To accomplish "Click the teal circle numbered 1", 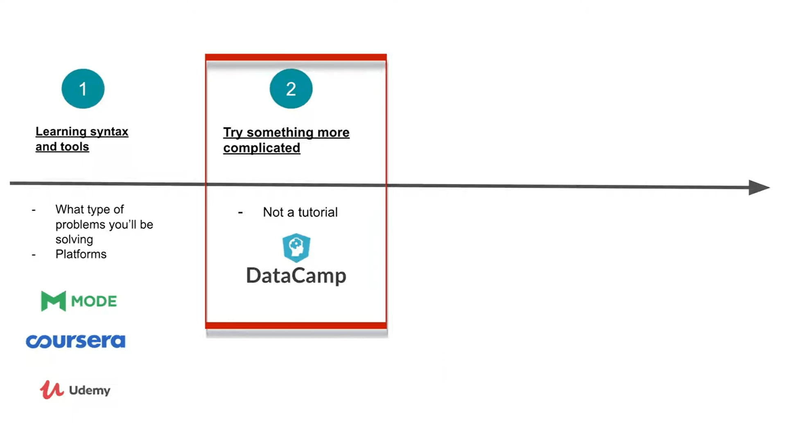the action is (x=83, y=88).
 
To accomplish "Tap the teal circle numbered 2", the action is (x=291, y=88).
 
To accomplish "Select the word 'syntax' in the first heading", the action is (x=109, y=132).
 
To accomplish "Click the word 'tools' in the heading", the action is (x=75, y=147).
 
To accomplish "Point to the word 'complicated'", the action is (x=262, y=148).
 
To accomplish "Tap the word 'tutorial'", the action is (x=318, y=212).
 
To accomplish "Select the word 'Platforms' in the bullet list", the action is (x=81, y=254).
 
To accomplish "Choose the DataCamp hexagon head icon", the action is (x=296, y=247).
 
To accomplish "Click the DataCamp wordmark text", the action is (x=296, y=276).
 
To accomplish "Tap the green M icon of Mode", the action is (x=53, y=301).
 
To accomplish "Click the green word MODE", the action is (x=94, y=302).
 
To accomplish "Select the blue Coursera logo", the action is (x=76, y=341).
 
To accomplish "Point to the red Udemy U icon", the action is (x=52, y=390).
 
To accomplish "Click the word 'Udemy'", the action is (x=90, y=390).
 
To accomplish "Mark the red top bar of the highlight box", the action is (x=296, y=57).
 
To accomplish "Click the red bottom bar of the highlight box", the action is (x=296, y=325).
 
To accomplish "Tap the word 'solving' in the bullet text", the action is (x=74, y=239).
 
